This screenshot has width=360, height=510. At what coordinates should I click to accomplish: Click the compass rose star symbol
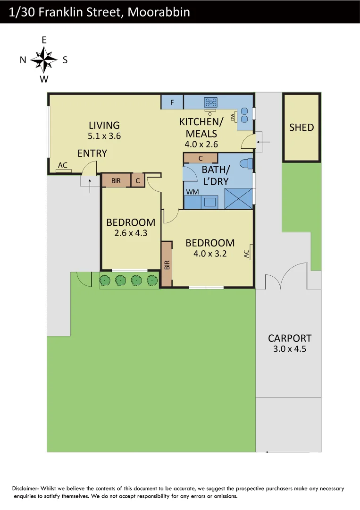tap(44, 60)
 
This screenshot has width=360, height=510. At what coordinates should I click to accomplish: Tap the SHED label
tap(301, 127)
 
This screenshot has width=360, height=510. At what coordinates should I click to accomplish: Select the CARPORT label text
tap(290, 338)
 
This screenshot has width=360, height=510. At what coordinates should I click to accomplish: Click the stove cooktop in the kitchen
tap(210, 102)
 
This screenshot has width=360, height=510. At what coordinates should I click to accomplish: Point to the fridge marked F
tap(172, 102)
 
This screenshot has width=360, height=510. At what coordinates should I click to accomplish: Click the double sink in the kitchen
tap(245, 115)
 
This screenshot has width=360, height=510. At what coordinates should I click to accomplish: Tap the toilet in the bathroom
tap(247, 164)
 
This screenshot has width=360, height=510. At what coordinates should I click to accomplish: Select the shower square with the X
tap(239, 198)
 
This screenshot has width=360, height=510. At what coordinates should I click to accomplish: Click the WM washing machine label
tap(192, 192)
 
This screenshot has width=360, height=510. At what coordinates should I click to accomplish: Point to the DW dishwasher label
tap(233, 117)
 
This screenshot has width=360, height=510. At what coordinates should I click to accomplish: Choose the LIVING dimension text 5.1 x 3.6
tap(104, 136)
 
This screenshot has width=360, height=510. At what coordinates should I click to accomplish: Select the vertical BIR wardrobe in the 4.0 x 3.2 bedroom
tap(167, 264)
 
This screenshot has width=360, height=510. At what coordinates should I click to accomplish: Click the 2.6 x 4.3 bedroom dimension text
tap(131, 233)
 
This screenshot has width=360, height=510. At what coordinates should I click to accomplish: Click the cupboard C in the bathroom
tap(201, 158)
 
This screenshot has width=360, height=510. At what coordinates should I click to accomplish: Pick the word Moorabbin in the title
tap(159, 12)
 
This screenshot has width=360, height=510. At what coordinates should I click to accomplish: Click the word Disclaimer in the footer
tap(25, 489)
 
